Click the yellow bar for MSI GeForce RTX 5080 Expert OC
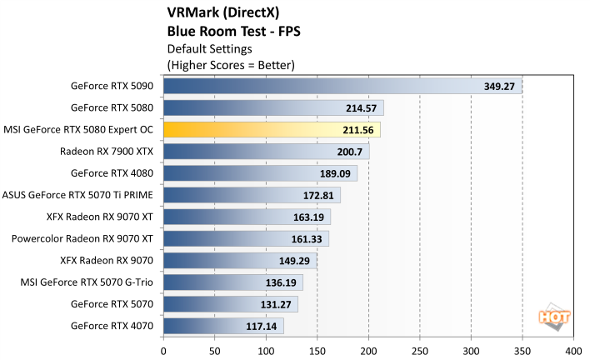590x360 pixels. tap(272, 129)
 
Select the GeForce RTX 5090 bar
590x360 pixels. tap(342, 86)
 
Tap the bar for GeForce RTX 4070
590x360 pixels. tap(223, 326)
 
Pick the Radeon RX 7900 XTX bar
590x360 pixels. tap(266, 152)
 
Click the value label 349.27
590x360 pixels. tap(502, 86)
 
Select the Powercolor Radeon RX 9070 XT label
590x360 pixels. tap(82, 238)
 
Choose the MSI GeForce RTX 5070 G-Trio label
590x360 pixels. tap(87, 282)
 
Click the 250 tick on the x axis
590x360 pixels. tap(420, 350)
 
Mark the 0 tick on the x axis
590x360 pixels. tap(164, 350)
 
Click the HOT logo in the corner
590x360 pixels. tap(553, 318)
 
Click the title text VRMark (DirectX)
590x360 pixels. tap(223, 13)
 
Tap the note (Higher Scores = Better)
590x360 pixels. tap(231, 64)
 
